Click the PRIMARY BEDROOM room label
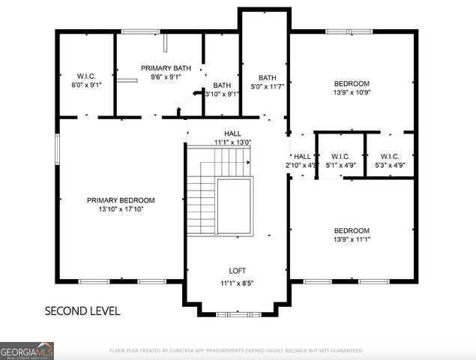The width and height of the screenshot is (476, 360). pyautogui.click(x=121, y=200)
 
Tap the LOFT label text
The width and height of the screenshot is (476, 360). pyautogui.click(x=237, y=271)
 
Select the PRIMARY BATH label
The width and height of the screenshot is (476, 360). pyautogui.click(x=166, y=67)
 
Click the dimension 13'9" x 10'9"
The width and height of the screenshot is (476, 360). pyautogui.click(x=352, y=93)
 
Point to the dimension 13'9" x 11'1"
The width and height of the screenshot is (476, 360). pyautogui.click(x=352, y=240)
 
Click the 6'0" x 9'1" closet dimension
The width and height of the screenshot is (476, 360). pyautogui.click(x=86, y=85)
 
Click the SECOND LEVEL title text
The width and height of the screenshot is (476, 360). pyautogui.click(x=82, y=310)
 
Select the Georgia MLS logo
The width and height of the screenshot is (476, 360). pyautogui.click(x=27, y=350)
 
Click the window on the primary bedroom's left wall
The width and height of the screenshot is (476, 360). pyautogui.click(x=57, y=148)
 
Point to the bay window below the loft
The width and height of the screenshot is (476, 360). pyautogui.click(x=237, y=313)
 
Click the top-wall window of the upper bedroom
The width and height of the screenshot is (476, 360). pyautogui.click(x=348, y=31)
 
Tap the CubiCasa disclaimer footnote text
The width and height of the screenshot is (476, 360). pyautogui.click(x=236, y=350)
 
